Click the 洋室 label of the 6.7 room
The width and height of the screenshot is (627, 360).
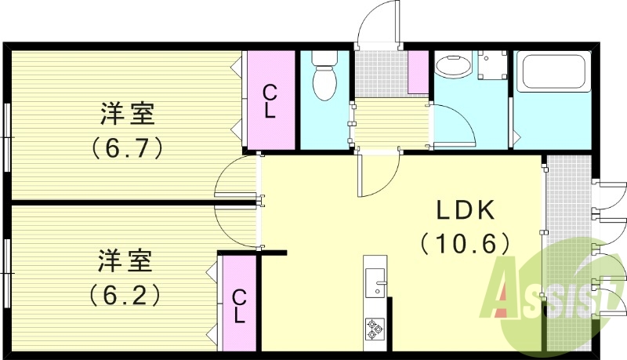click(128, 115)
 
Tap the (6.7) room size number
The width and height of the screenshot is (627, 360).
click(128, 147)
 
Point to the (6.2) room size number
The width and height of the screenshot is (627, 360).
click(126, 294)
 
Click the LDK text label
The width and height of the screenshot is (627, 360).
click(466, 209)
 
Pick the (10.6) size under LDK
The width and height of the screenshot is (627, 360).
click(466, 243)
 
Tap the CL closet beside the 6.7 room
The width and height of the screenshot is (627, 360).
click(270, 100)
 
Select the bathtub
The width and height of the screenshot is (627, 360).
click(553, 71)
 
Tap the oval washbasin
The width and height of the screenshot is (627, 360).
click(450, 66)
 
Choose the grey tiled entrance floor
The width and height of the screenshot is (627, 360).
click(379, 74)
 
